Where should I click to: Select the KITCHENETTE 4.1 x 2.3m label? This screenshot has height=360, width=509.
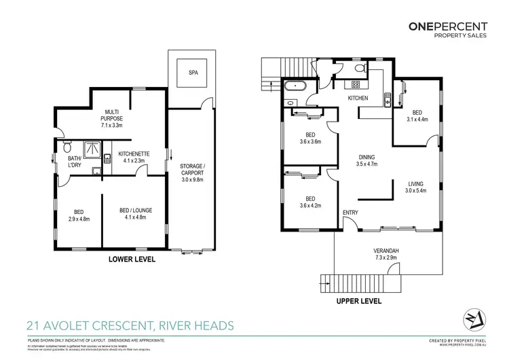click(134, 157)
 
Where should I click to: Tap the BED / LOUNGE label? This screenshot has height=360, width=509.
click(135, 214)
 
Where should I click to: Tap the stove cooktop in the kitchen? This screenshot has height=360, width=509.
click(354, 84)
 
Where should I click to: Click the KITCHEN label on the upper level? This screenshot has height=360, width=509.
click(358, 98)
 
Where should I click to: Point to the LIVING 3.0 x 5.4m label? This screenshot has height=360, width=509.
click(416, 186)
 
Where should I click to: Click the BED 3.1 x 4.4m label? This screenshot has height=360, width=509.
click(416, 116)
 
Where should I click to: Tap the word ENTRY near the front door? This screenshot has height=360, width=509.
click(351, 213)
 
